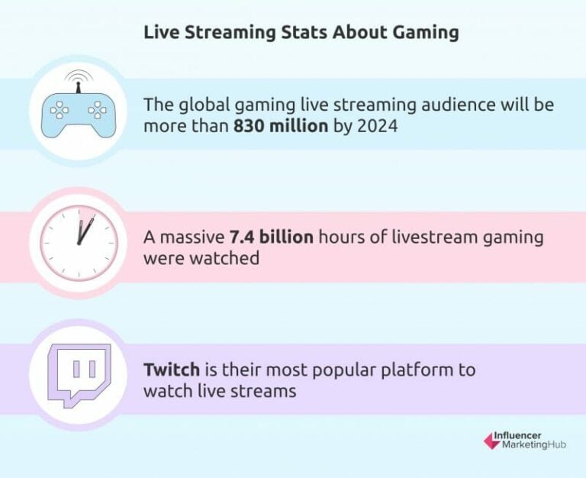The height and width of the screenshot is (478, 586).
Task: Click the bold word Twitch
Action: [171, 370]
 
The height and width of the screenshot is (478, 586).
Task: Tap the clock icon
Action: [79, 237]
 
